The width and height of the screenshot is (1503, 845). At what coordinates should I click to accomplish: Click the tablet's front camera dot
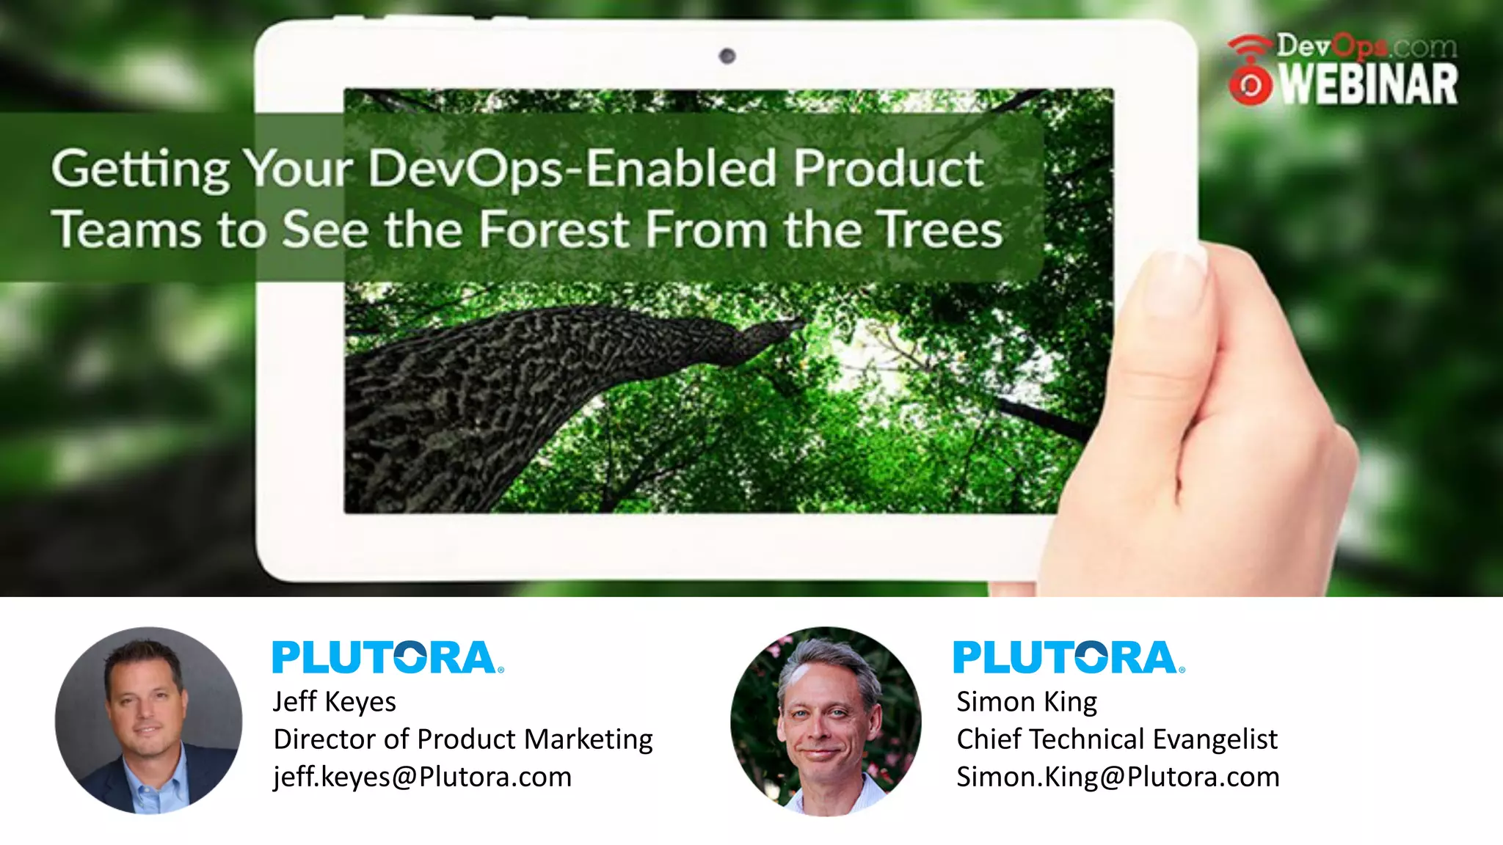click(x=727, y=56)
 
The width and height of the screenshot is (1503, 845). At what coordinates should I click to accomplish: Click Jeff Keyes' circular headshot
click(x=148, y=720)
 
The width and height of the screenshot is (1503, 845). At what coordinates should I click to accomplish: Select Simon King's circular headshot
click(x=826, y=720)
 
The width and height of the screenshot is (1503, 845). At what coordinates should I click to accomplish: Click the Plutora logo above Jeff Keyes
click(x=388, y=657)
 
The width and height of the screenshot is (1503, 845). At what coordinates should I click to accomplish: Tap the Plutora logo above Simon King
click(x=1069, y=657)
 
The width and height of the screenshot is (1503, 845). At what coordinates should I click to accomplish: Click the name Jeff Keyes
click(x=335, y=702)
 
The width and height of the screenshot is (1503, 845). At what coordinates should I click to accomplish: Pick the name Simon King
click(x=1027, y=702)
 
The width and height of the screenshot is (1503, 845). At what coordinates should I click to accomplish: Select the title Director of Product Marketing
click(x=463, y=739)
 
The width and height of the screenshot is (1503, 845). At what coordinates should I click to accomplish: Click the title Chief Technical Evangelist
click(x=1117, y=739)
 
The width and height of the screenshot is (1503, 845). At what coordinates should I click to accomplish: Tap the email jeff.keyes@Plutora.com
click(x=422, y=777)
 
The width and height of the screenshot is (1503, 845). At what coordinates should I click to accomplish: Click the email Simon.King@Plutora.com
click(x=1118, y=777)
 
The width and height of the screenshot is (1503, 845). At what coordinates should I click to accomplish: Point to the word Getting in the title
click(x=140, y=169)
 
